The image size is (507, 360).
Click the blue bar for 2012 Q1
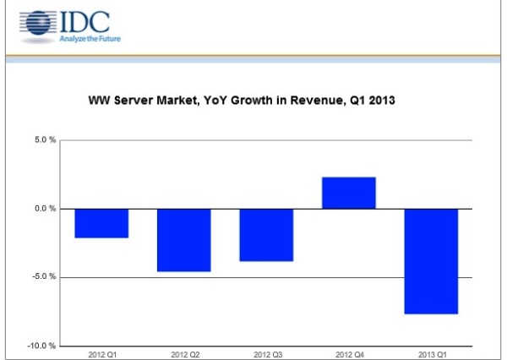[101, 223]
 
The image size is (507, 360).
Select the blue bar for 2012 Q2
[184, 240]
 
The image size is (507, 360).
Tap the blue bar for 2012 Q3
[266, 235]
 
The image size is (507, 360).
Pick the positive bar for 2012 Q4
[349, 193]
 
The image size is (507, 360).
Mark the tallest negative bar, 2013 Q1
[431, 261]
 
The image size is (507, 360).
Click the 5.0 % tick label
[45, 139]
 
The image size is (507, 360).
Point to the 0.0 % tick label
[45, 209]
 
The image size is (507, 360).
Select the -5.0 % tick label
[44, 277]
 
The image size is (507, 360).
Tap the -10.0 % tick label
[42, 346]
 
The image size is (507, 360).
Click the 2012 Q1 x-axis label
[101, 352]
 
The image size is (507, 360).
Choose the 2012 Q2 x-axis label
[184, 352]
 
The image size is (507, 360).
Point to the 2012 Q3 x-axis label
[266, 352]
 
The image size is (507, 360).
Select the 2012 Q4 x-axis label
[349, 352]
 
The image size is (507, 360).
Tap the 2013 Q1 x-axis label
[431, 352]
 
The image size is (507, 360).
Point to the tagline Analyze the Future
[85, 38]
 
